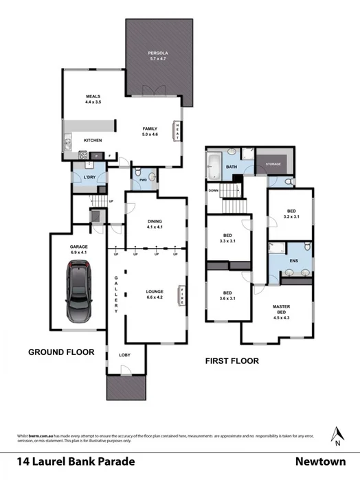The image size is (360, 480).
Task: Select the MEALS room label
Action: (93, 96)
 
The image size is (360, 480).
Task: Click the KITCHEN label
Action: (93, 141)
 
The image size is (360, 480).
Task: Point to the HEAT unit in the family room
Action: (178, 130)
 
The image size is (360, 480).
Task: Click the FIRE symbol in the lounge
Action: (181, 295)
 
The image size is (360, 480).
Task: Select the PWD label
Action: (144, 180)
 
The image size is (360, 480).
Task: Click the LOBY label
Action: (125, 355)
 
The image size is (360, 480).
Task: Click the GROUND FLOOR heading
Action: (60, 352)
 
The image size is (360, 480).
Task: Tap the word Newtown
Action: (321, 462)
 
